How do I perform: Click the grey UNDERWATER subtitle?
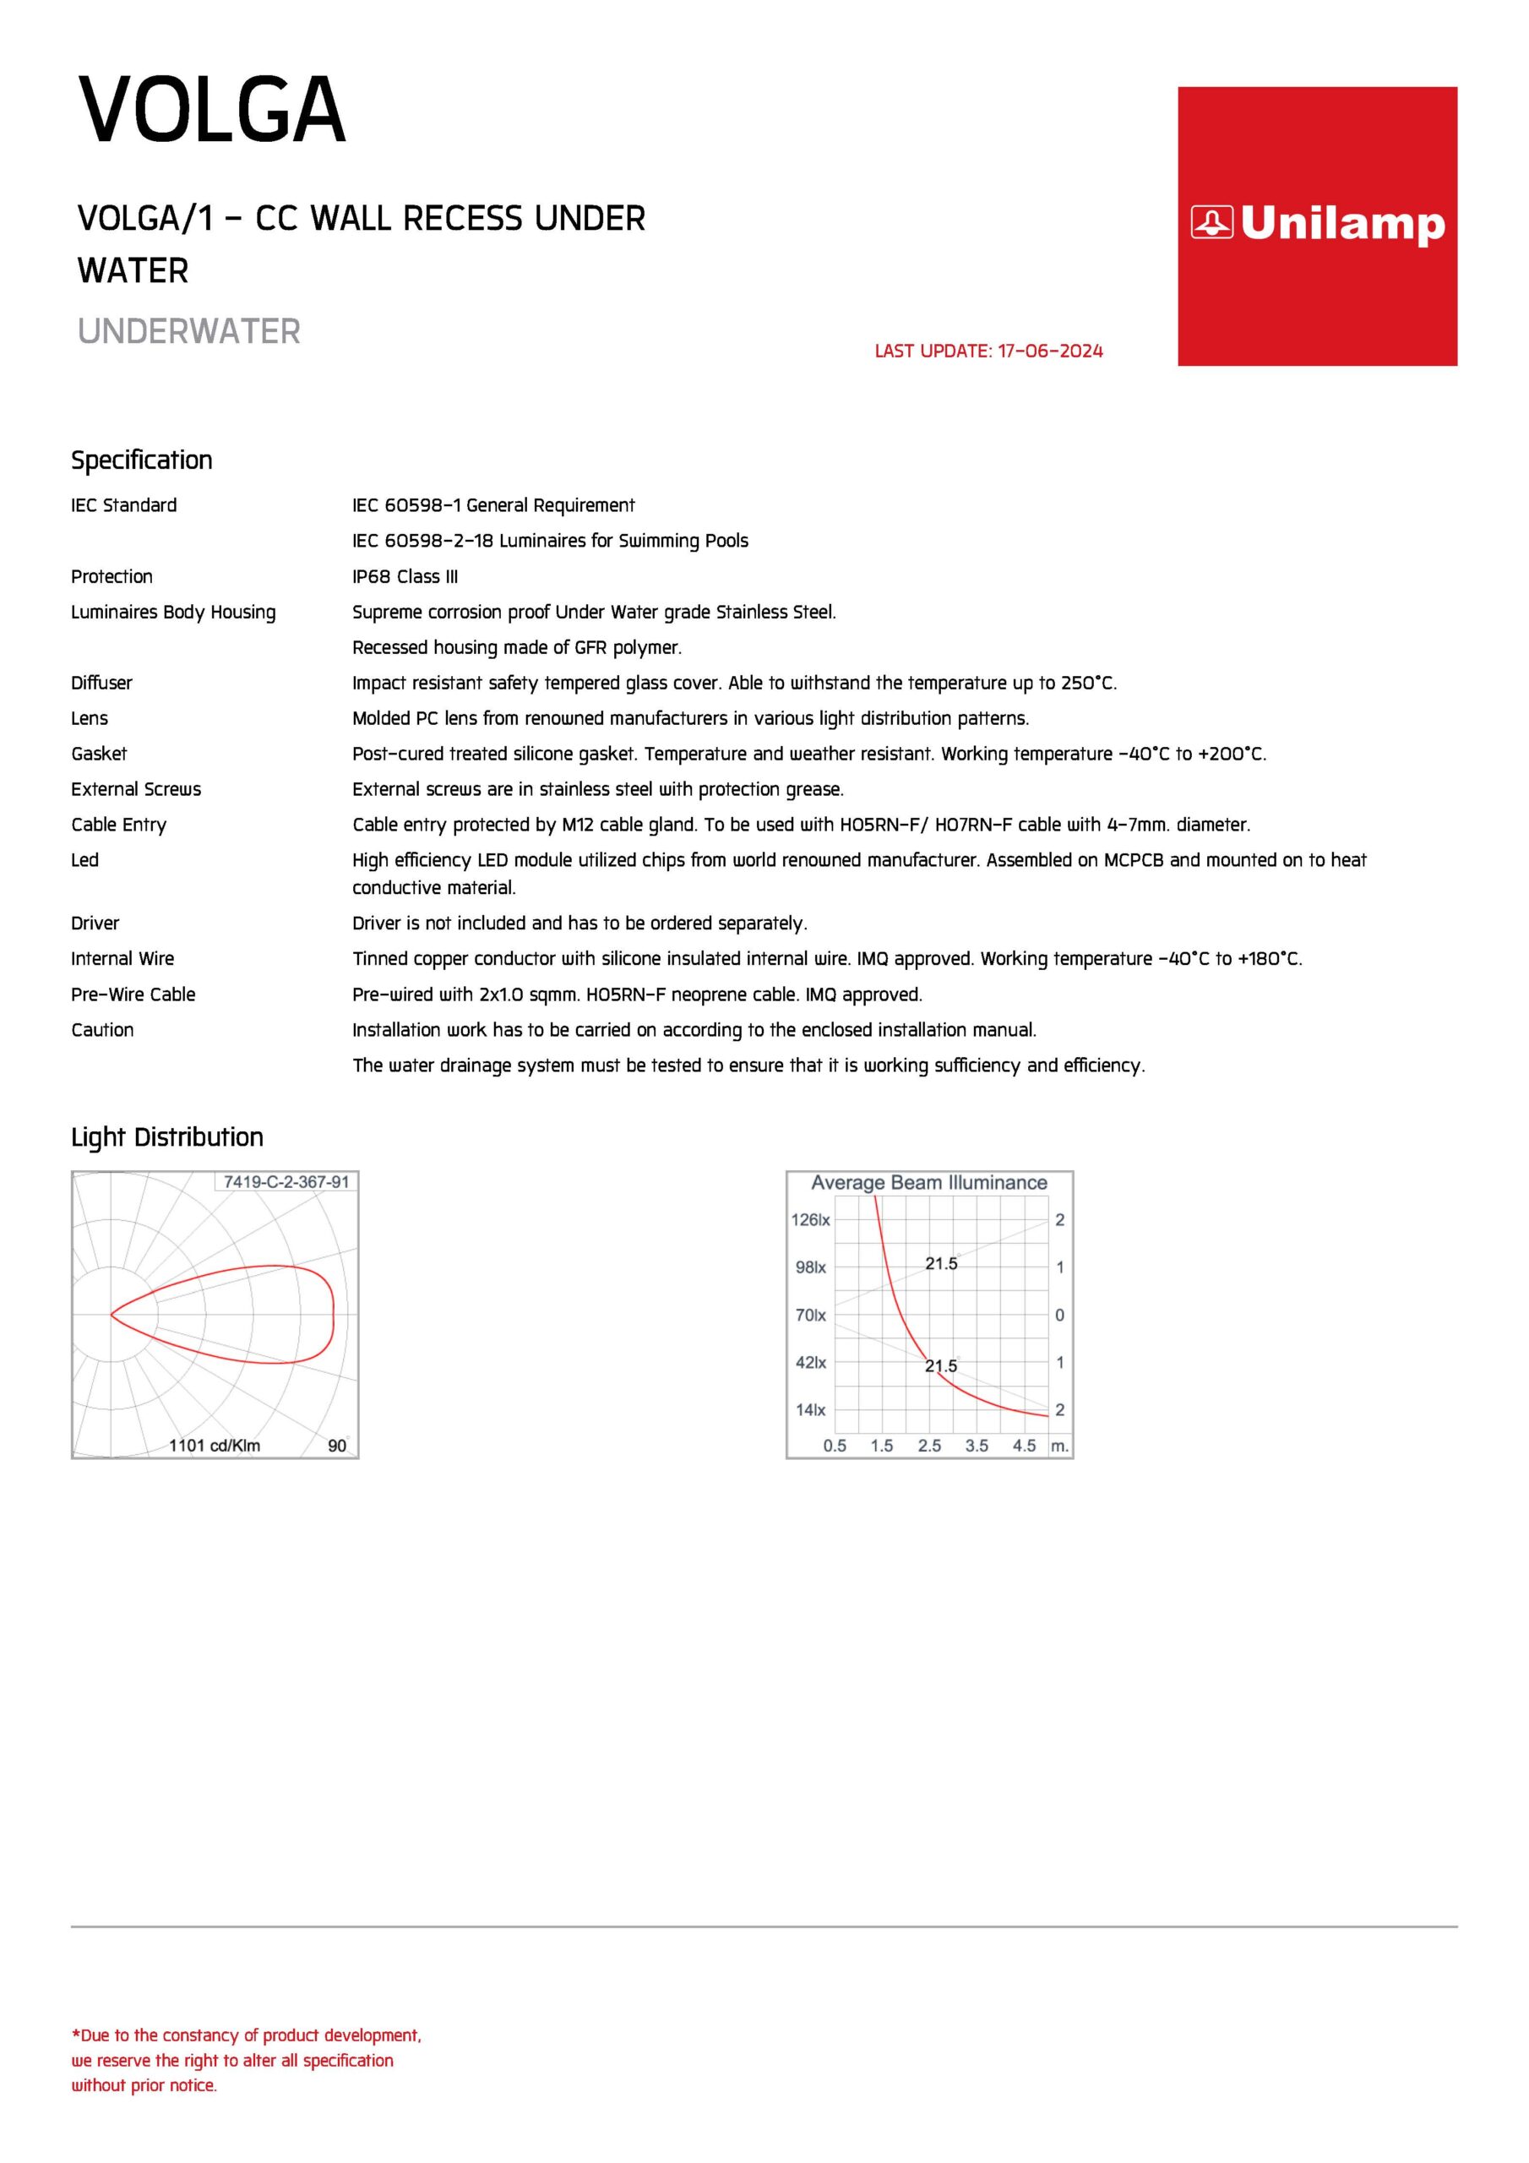point(188,331)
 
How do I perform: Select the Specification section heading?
point(141,460)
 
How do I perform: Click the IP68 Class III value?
point(405,576)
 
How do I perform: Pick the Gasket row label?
point(99,754)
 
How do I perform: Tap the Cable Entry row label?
point(119,825)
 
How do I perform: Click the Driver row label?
point(95,923)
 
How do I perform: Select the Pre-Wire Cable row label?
point(133,994)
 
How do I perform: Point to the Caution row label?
point(103,1030)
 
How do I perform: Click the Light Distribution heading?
point(166,1137)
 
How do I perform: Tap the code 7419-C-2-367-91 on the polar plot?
point(286,1181)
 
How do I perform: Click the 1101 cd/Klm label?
point(215,1445)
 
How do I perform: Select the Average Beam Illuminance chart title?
point(929,1182)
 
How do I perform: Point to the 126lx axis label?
point(810,1220)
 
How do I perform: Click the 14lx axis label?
point(810,1410)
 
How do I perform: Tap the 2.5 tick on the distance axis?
point(929,1445)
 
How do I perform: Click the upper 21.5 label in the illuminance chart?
point(940,1264)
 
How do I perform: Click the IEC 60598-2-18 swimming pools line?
point(550,541)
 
